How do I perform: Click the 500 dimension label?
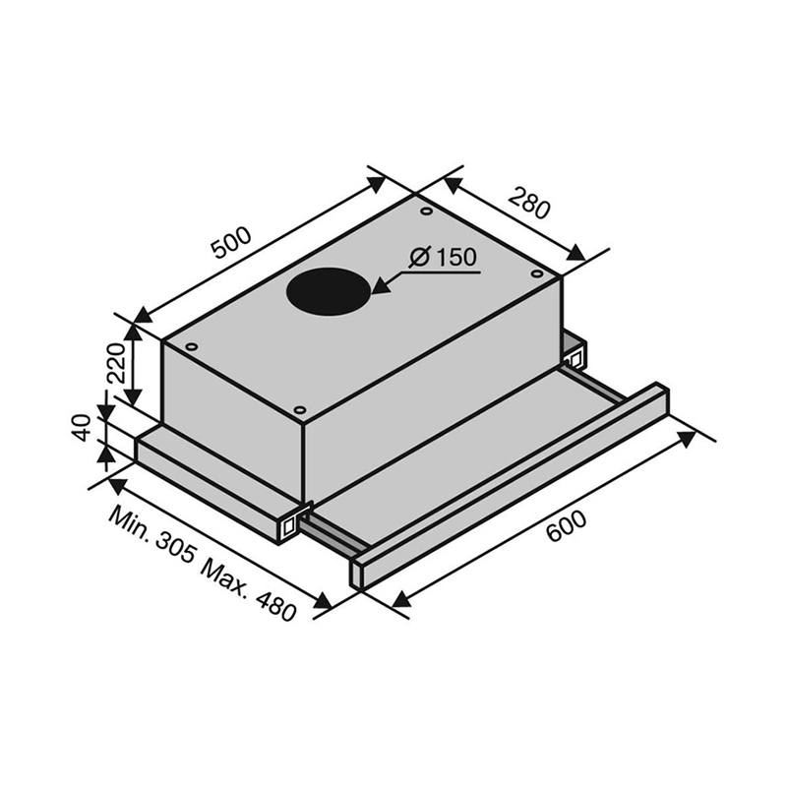tap(231, 243)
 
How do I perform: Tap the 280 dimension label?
tap(529, 203)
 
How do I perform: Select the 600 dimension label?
tap(567, 526)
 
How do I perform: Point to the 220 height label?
tap(116, 363)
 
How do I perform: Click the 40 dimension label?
tap(81, 428)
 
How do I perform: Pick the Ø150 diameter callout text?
tap(443, 258)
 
